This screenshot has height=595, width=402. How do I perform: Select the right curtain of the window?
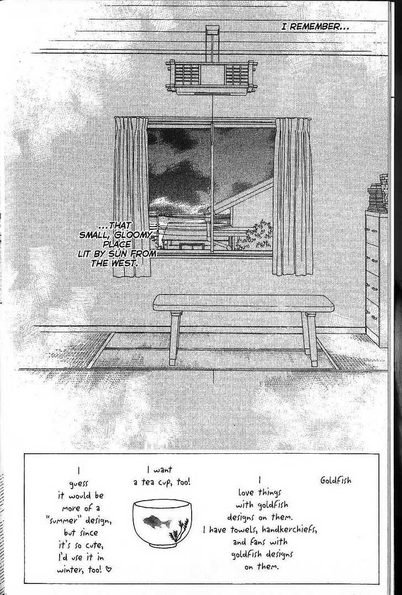coord(293,196)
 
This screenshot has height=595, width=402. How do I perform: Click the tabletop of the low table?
coord(244,303)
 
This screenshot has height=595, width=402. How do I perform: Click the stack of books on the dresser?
coord(378,194)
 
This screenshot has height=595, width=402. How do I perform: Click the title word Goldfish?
coord(336,480)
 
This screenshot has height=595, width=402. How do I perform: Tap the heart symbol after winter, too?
coord(109,570)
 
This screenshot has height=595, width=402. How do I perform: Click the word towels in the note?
coord(243,530)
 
